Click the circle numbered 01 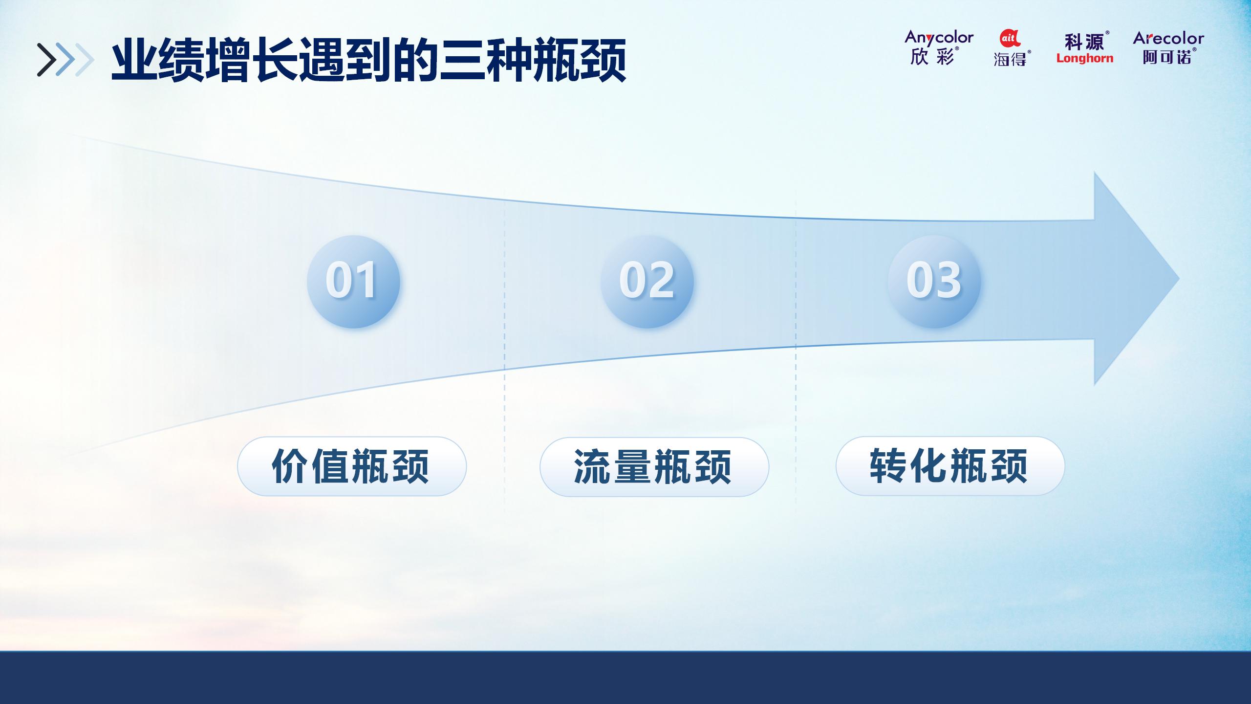(353, 282)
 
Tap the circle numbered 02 (647, 282)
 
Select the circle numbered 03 (934, 282)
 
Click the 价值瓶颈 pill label (352, 466)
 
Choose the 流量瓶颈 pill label (654, 467)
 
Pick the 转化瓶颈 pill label (950, 466)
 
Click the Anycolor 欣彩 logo (939, 47)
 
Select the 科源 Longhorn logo (1085, 47)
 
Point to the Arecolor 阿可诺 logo (1168, 47)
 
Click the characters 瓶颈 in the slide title (580, 61)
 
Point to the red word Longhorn (1085, 58)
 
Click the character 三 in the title (461, 61)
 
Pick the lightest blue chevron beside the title (84, 60)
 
